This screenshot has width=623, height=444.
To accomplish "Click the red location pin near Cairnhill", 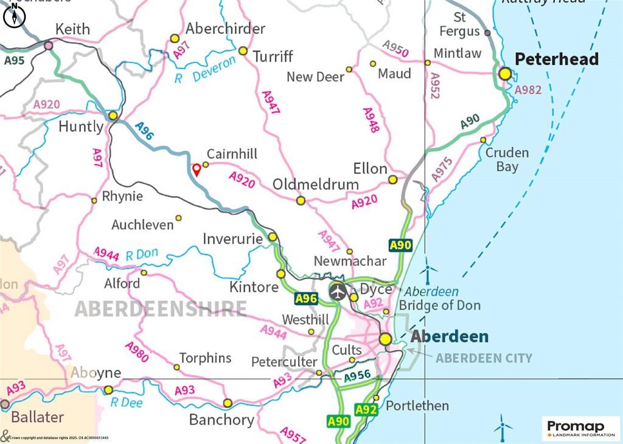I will click(x=197, y=169).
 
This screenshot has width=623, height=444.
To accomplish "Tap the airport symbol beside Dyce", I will click(x=338, y=292).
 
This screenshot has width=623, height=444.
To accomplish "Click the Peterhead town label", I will click(x=557, y=59).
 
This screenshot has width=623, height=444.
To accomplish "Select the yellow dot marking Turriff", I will click(x=243, y=50).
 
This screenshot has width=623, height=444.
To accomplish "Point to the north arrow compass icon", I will click(x=14, y=16).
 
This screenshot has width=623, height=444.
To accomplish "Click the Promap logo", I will click(x=581, y=428).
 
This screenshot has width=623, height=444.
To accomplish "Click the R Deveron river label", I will click(x=204, y=70).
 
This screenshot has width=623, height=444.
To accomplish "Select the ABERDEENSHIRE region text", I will click(x=161, y=309).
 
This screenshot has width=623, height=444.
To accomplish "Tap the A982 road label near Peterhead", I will click(x=527, y=90).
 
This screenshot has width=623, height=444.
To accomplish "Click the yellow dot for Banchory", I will click(x=228, y=403).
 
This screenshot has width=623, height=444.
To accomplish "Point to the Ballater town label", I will click(x=37, y=417).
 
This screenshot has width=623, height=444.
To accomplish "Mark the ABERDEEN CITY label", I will click(x=484, y=358).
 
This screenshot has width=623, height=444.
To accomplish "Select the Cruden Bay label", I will click(x=507, y=159).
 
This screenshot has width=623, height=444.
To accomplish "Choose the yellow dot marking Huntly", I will click(x=113, y=115).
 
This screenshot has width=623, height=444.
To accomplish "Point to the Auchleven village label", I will click(x=142, y=225).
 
